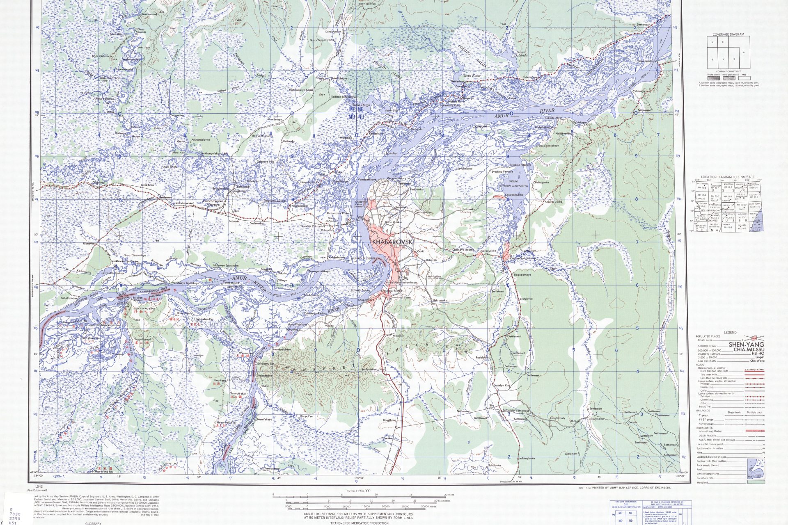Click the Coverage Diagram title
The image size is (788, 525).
728,34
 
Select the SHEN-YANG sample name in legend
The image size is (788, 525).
747,345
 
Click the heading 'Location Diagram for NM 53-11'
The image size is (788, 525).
728,176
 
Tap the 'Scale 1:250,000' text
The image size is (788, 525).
358,491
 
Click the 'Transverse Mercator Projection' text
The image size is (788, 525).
359,523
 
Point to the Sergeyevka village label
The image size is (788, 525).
488,250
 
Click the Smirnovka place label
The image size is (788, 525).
468,209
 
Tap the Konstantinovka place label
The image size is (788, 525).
513,194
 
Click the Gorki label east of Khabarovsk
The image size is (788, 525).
421,251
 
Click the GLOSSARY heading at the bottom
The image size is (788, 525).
92,523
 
